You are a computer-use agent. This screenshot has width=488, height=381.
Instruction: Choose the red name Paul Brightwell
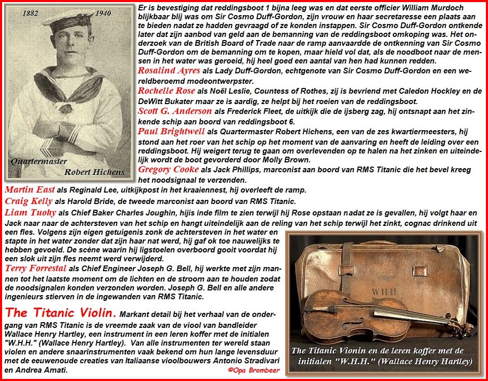[x=171, y=131]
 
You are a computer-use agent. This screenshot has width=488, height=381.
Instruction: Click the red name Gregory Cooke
[x=169, y=169]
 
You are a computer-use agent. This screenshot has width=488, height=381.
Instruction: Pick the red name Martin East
[x=30, y=189]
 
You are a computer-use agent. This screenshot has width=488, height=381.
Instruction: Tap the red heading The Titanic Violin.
[x=60, y=313]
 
